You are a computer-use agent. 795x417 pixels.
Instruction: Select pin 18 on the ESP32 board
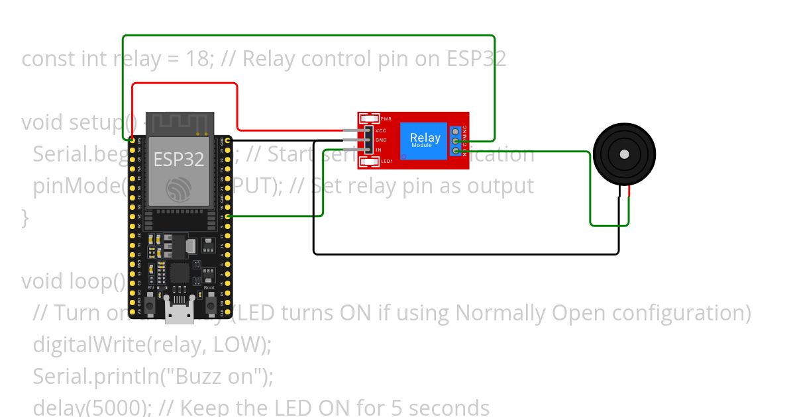(229, 216)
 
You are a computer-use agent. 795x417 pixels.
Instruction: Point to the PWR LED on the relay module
(369, 118)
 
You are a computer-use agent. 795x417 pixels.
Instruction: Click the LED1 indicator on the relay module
(369, 161)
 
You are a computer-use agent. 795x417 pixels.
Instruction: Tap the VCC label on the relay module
(381, 131)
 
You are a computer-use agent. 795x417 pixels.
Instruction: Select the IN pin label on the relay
(378, 150)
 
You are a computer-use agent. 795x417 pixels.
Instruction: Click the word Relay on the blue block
(425, 138)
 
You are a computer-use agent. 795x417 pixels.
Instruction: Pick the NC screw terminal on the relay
(456, 130)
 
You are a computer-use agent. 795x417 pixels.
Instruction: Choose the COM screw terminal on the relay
(456, 141)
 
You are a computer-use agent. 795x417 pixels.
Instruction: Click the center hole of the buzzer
(624, 154)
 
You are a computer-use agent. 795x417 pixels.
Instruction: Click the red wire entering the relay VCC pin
(298, 130)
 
